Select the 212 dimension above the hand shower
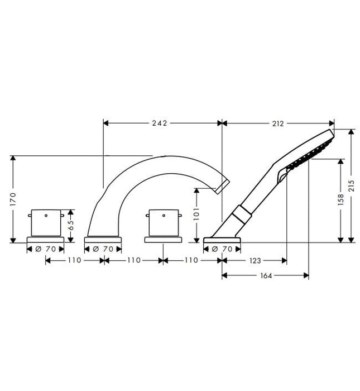(x=278, y=123)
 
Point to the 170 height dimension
(x=13, y=199)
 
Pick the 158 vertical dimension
(x=340, y=199)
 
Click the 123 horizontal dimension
(x=254, y=260)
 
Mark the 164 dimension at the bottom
(x=265, y=275)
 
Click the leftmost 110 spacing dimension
(x=75, y=260)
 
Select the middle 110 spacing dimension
(x=133, y=260)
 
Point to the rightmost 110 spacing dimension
(x=191, y=260)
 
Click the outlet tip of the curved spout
(x=223, y=184)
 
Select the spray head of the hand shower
(x=310, y=150)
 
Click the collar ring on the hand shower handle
(x=242, y=214)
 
